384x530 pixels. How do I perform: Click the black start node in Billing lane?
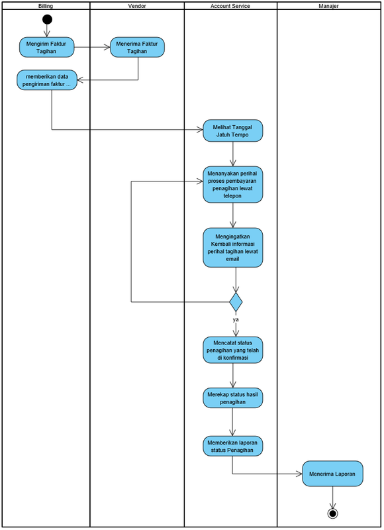(x=47, y=19)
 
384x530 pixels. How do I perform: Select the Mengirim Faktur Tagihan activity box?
(x=46, y=47)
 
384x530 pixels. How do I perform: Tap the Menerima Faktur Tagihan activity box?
(x=137, y=47)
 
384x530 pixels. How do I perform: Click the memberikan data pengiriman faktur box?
(x=47, y=80)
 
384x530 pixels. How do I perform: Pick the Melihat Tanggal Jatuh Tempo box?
(x=232, y=131)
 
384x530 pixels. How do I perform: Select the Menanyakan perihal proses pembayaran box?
(x=232, y=185)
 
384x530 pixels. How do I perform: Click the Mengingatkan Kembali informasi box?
(x=232, y=248)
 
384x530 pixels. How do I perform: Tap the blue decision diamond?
(x=236, y=302)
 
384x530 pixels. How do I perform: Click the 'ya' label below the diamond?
(x=236, y=319)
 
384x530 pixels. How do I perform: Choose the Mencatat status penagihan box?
(x=232, y=350)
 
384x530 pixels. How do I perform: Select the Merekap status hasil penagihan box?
(x=232, y=398)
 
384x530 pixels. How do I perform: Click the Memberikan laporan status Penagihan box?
(x=232, y=446)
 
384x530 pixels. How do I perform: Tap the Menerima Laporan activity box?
(x=332, y=474)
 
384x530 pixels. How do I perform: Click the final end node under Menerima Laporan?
(x=332, y=514)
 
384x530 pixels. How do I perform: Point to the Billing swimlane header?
(x=46, y=6)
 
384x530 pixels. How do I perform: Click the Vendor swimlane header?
(x=137, y=6)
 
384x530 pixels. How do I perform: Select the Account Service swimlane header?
(x=230, y=6)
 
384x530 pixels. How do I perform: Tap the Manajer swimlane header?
(x=328, y=6)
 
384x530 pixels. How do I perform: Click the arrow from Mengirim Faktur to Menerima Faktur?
(x=92, y=47)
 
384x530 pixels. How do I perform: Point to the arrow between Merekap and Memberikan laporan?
(x=232, y=422)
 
